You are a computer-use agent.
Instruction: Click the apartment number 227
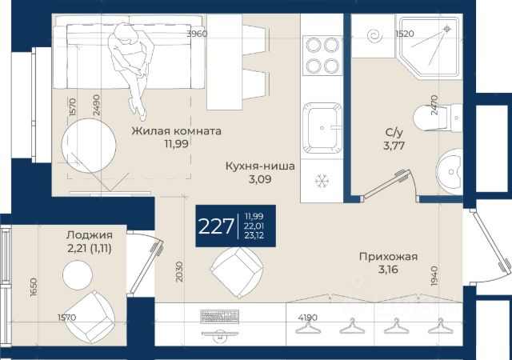[x=216, y=226]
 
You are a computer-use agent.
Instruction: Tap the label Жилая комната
[x=176, y=131]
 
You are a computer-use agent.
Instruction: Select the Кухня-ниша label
[x=260, y=166]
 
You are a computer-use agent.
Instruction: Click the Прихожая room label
[x=388, y=257]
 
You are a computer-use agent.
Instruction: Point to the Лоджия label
[x=90, y=235]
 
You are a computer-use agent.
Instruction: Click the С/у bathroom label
[x=394, y=132]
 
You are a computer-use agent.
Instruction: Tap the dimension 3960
[x=197, y=34]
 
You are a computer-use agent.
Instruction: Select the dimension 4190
[x=307, y=318]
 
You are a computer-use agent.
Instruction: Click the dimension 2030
[x=179, y=272]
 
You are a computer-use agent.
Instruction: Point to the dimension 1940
[x=434, y=276]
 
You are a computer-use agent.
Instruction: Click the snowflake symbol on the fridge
[x=322, y=181]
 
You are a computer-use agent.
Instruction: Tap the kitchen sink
[x=322, y=128]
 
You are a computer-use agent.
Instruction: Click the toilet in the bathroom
[x=438, y=118]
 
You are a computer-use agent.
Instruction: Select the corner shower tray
[x=430, y=46]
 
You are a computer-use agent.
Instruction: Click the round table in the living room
[x=89, y=146]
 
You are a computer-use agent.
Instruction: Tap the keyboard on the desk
[x=219, y=316]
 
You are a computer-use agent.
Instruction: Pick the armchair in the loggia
[x=93, y=316]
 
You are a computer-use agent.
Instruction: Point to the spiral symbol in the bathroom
[x=374, y=36]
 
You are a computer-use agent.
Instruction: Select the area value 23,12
[x=254, y=235]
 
